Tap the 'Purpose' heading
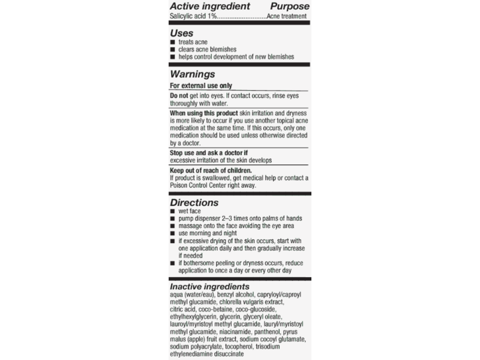[x=290, y=7]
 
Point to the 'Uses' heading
[x=181, y=34]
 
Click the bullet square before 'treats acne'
[x=173, y=43]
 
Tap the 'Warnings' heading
[x=193, y=74]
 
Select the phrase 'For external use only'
[x=201, y=86]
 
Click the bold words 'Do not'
[x=179, y=95]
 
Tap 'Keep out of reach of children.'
[x=211, y=170]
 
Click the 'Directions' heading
[x=194, y=203]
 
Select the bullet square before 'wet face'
[x=173, y=212]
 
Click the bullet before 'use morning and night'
[x=173, y=233]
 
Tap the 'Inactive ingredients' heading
[x=209, y=287]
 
